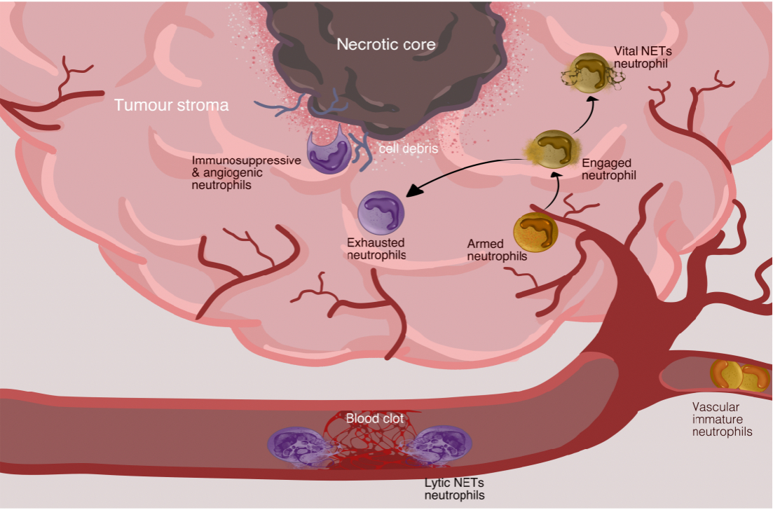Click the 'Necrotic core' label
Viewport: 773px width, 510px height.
(x=386, y=45)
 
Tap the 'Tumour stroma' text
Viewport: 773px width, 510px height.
(x=171, y=106)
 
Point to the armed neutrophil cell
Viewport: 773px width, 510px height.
(x=535, y=233)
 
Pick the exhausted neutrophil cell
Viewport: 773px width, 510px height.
(x=381, y=212)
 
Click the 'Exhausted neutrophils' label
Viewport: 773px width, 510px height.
(x=376, y=249)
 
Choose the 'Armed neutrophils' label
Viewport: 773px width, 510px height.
(x=497, y=250)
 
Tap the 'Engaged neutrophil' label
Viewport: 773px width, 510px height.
(x=608, y=169)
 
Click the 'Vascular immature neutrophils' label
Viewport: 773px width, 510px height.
(x=722, y=419)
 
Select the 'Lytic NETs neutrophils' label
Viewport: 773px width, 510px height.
(x=453, y=489)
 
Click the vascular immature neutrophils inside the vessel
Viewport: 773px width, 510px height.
(x=739, y=375)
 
